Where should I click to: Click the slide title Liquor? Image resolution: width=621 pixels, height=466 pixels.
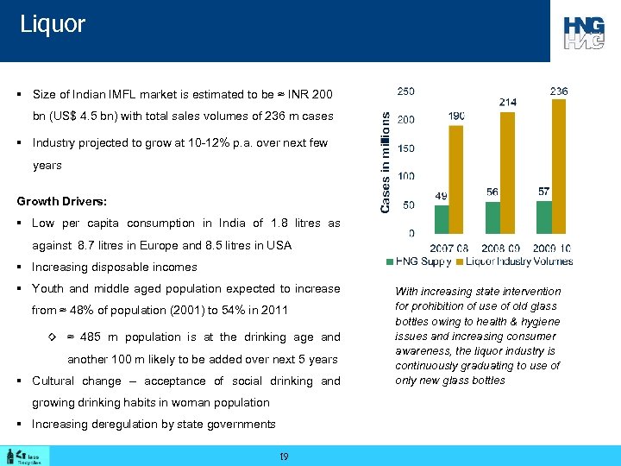(53, 24)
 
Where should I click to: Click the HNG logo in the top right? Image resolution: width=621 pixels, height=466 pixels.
(584, 33)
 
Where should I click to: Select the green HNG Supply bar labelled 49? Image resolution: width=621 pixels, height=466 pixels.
(442, 219)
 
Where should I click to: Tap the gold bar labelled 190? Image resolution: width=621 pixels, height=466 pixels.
(457, 179)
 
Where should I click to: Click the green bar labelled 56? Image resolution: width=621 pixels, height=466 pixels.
(492, 217)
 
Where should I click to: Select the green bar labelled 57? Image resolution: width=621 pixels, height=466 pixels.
(543, 217)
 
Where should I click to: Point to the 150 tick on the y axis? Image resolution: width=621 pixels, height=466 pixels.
(404, 148)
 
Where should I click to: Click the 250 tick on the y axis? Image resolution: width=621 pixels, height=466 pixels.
(404, 91)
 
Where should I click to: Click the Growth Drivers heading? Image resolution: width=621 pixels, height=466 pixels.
(62, 201)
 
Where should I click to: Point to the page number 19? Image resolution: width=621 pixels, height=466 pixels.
(284, 456)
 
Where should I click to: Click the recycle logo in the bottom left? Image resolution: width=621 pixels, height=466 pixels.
(26, 456)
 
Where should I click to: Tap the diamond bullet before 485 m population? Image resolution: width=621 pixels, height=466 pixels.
(53, 337)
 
